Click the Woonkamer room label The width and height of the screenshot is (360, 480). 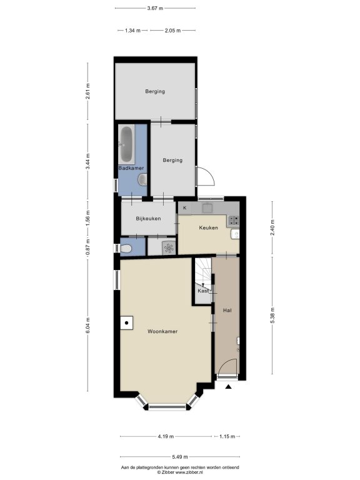[162, 331]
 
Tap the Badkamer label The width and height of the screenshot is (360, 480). [131, 168]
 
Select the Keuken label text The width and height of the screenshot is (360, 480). [209, 227]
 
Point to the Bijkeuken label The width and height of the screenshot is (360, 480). [148, 219]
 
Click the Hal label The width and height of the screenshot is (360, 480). [227, 310]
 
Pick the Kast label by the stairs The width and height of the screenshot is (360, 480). [203, 291]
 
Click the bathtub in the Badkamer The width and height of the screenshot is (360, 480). [126, 144]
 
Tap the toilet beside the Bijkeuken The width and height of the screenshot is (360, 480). [126, 248]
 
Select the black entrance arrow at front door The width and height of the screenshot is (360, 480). [228, 387]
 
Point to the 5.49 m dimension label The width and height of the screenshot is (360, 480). [180, 457]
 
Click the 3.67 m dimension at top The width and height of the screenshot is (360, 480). [155, 8]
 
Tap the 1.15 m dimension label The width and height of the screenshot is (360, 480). [227, 436]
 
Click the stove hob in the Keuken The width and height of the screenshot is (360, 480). [233, 219]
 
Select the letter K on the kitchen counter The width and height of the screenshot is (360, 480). [184, 208]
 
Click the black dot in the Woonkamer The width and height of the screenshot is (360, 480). [126, 322]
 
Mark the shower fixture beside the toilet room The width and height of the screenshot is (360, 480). [169, 247]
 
